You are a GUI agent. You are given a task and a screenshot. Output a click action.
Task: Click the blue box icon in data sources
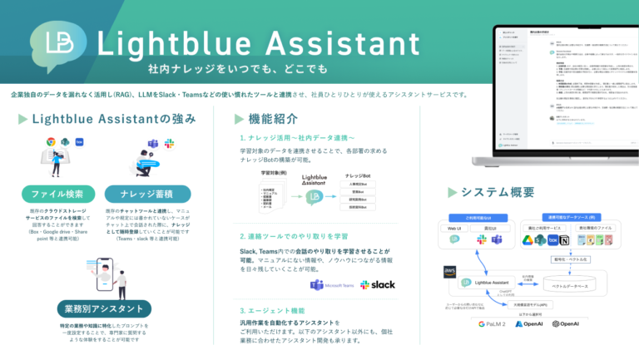pyautogui.click(x=551, y=240)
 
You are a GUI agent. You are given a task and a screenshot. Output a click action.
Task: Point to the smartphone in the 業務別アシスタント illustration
pyautogui.click(x=102, y=270)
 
